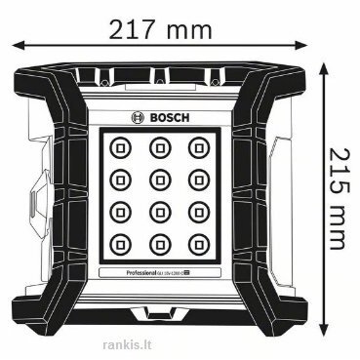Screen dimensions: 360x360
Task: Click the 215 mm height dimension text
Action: [337, 198]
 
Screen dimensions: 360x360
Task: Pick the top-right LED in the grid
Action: [198, 147]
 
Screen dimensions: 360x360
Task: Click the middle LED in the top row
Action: [160, 147]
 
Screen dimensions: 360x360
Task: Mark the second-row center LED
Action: [160, 178]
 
